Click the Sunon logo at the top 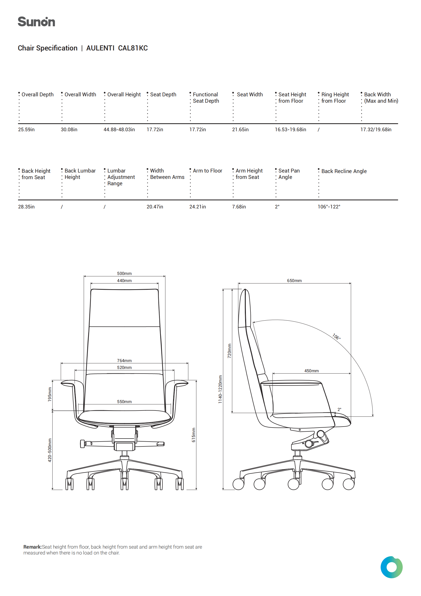click(36, 22)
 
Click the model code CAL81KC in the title click(133, 48)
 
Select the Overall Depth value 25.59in click(26, 129)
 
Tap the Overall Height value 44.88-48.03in click(119, 129)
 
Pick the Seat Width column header click(250, 95)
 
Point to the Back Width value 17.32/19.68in click(376, 129)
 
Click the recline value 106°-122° click(329, 207)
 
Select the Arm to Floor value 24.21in click(197, 207)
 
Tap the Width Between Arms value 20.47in click(155, 207)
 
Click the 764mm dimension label click(124, 361)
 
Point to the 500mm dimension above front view click(124, 273)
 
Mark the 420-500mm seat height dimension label click(50, 450)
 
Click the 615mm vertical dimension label click(193, 435)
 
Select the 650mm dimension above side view click(294, 281)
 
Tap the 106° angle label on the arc click(336, 337)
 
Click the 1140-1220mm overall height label click(220, 389)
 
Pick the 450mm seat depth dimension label click(311, 371)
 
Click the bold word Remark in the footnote click(32, 547)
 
